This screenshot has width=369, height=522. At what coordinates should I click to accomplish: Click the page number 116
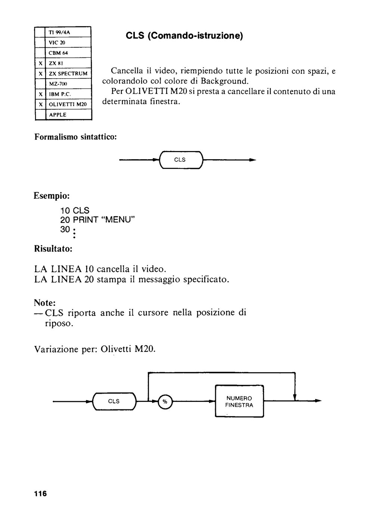point(40,494)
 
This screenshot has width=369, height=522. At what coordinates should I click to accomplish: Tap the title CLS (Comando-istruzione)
point(184,36)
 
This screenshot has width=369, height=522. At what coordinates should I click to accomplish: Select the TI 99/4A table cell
point(68,32)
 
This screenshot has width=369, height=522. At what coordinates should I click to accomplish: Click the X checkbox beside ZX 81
point(40,63)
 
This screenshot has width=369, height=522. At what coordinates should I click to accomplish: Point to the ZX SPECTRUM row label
point(68,74)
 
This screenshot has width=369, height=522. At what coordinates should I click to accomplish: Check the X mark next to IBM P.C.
point(41,94)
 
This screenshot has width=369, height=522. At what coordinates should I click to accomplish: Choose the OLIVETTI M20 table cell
point(68,104)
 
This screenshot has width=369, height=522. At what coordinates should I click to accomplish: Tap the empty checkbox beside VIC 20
point(40,43)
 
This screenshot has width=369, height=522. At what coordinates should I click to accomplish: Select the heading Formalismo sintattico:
point(75,137)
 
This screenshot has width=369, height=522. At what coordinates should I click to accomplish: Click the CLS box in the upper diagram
point(181,160)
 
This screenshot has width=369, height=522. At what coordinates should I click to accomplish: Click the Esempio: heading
point(52,196)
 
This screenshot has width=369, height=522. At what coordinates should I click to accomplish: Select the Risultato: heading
point(53,249)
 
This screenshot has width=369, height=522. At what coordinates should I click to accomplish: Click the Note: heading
point(44,302)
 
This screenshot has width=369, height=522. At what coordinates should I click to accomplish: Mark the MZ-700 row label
point(58,84)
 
